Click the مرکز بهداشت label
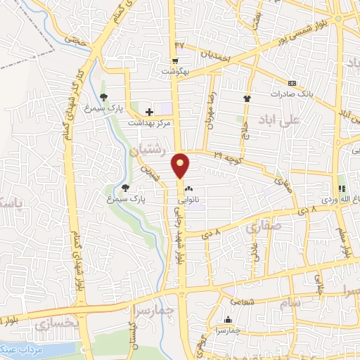pyautogui.click(x=149, y=122)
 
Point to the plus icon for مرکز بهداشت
pyautogui.click(x=149, y=111)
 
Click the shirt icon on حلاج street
pyautogui.click(x=247, y=98)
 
